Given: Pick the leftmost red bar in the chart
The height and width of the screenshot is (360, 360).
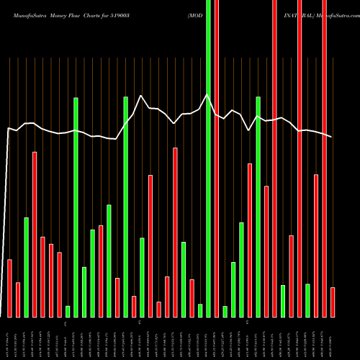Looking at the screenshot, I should tap(9, 288).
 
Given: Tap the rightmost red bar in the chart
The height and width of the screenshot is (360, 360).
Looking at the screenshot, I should tap(333, 302).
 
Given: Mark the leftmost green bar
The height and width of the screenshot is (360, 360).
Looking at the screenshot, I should tap(26, 266).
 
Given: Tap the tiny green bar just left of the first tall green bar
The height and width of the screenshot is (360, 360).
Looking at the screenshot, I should tap(68, 311).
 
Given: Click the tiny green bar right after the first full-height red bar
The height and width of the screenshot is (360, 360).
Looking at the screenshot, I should tap(225, 311).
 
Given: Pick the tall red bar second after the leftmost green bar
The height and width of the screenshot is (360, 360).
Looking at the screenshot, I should tap(42, 276).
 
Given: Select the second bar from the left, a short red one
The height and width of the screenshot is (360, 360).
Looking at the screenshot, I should tap(18, 300).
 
